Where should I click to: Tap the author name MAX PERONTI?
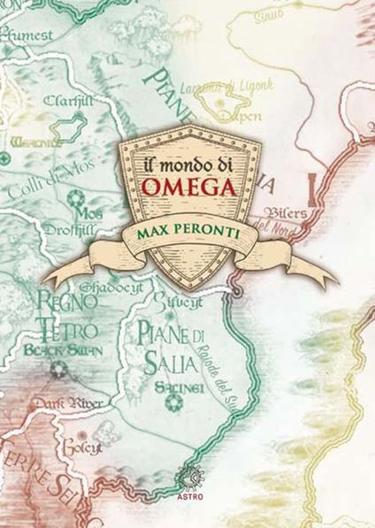tap(188, 230)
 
